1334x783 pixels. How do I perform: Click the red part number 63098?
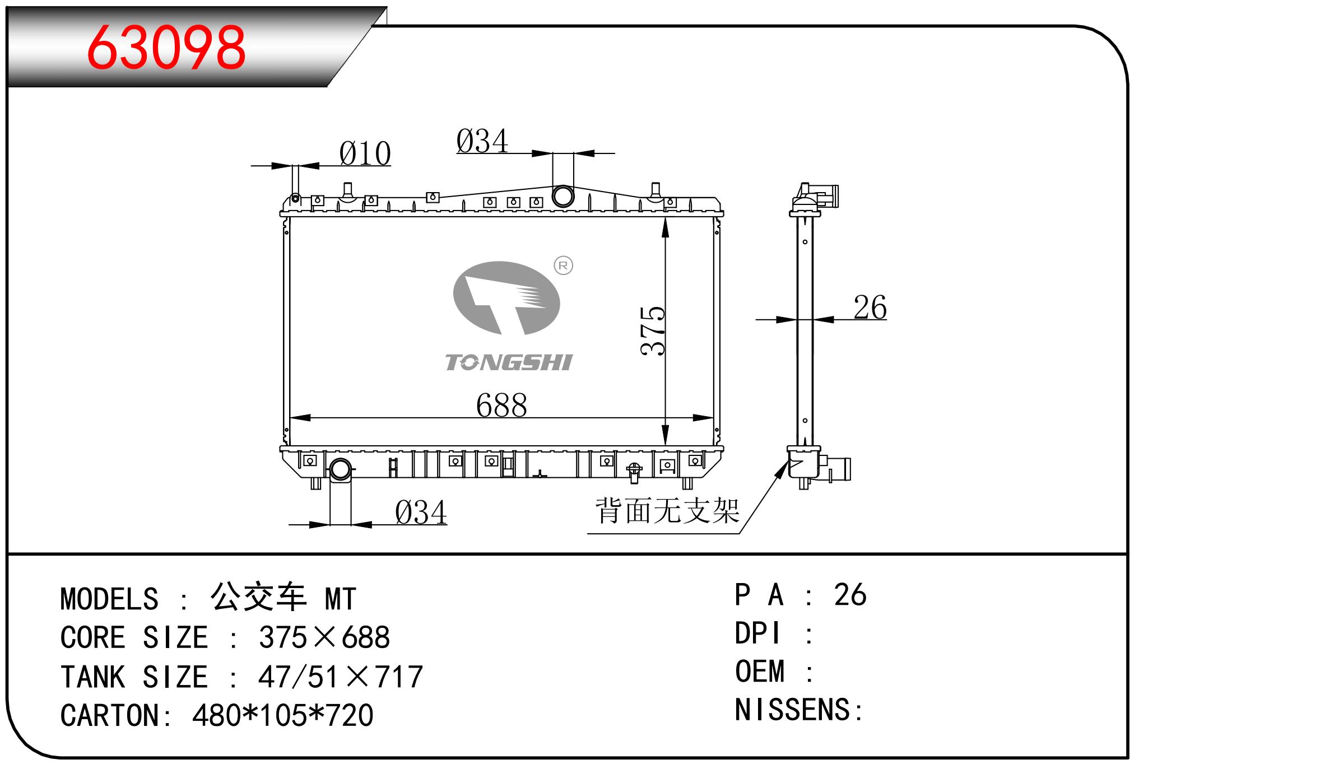pyautogui.click(x=166, y=47)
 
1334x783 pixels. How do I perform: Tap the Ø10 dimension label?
pyautogui.click(x=365, y=153)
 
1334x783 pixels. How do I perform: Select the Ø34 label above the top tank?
pyautogui.click(x=482, y=141)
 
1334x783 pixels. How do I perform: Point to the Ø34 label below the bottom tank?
pyautogui.click(x=421, y=512)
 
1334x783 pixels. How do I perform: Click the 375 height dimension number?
pyautogui.click(x=653, y=330)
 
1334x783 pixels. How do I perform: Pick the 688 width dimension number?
pyautogui.click(x=501, y=405)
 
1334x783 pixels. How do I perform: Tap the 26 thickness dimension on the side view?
pyautogui.click(x=870, y=307)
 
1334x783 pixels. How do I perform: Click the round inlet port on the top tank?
pyautogui.click(x=563, y=196)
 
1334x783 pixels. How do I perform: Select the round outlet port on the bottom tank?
pyautogui.click(x=340, y=469)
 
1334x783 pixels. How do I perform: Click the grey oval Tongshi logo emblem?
pyautogui.click(x=506, y=299)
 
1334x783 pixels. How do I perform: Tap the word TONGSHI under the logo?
pyautogui.click(x=509, y=363)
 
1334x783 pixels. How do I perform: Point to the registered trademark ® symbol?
pyautogui.click(x=563, y=265)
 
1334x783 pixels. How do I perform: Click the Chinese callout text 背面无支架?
pyautogui.click(x=667, y=511)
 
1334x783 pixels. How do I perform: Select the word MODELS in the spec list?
pyautogui.click(x=109, y=599)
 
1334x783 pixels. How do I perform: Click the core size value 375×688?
pyautogui.click(x=324, y=637)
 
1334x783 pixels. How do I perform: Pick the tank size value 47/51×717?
pyautogui.click(x=341, y=677)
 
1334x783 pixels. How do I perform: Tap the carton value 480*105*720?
pyautogui.click(x=283, y=715)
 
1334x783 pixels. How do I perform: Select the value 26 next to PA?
pyautogui.click(x=850, y=594)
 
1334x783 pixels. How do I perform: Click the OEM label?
pyautogui.click(x=760, y=671)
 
